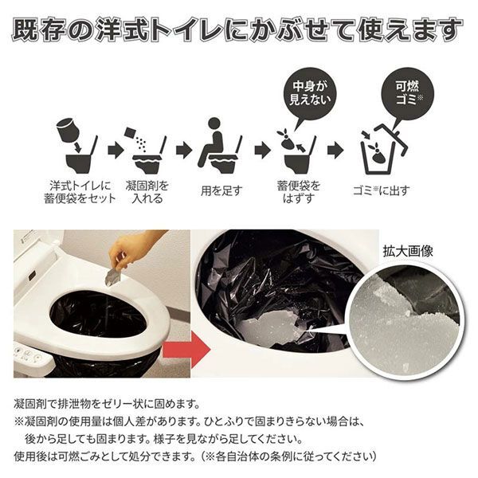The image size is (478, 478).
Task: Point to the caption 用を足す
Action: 221,190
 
